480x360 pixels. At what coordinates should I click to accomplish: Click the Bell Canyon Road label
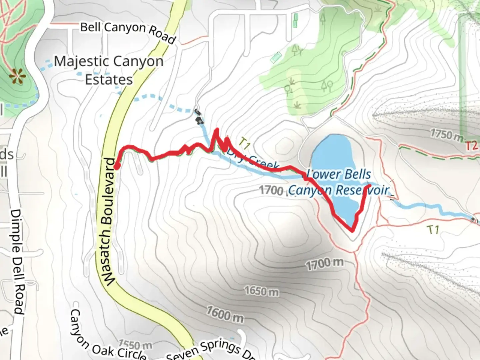[128, 32]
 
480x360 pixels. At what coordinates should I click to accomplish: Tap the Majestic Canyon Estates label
[109, 70]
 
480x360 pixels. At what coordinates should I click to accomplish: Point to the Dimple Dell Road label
[17, 261]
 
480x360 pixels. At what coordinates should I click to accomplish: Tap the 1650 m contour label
[261, 291]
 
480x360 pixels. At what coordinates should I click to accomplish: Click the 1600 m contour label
[225, 315]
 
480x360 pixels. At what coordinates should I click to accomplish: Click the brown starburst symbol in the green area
[17, 76]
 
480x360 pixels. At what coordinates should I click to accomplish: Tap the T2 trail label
[471, 146]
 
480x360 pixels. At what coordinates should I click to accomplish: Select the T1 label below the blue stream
[433, 230]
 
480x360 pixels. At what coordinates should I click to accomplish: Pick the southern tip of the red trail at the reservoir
[352, 230]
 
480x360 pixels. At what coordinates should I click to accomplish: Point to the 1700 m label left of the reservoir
[271, 190]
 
